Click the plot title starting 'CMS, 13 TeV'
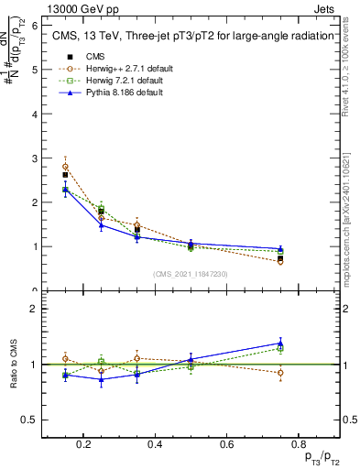point(175,35)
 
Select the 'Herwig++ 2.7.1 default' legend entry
point(124,69)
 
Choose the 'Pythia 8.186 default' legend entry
point(120,93)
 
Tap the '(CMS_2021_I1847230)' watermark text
point(191,274)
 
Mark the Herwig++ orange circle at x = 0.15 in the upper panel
point(65,167)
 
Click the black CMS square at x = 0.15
point(65,175)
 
